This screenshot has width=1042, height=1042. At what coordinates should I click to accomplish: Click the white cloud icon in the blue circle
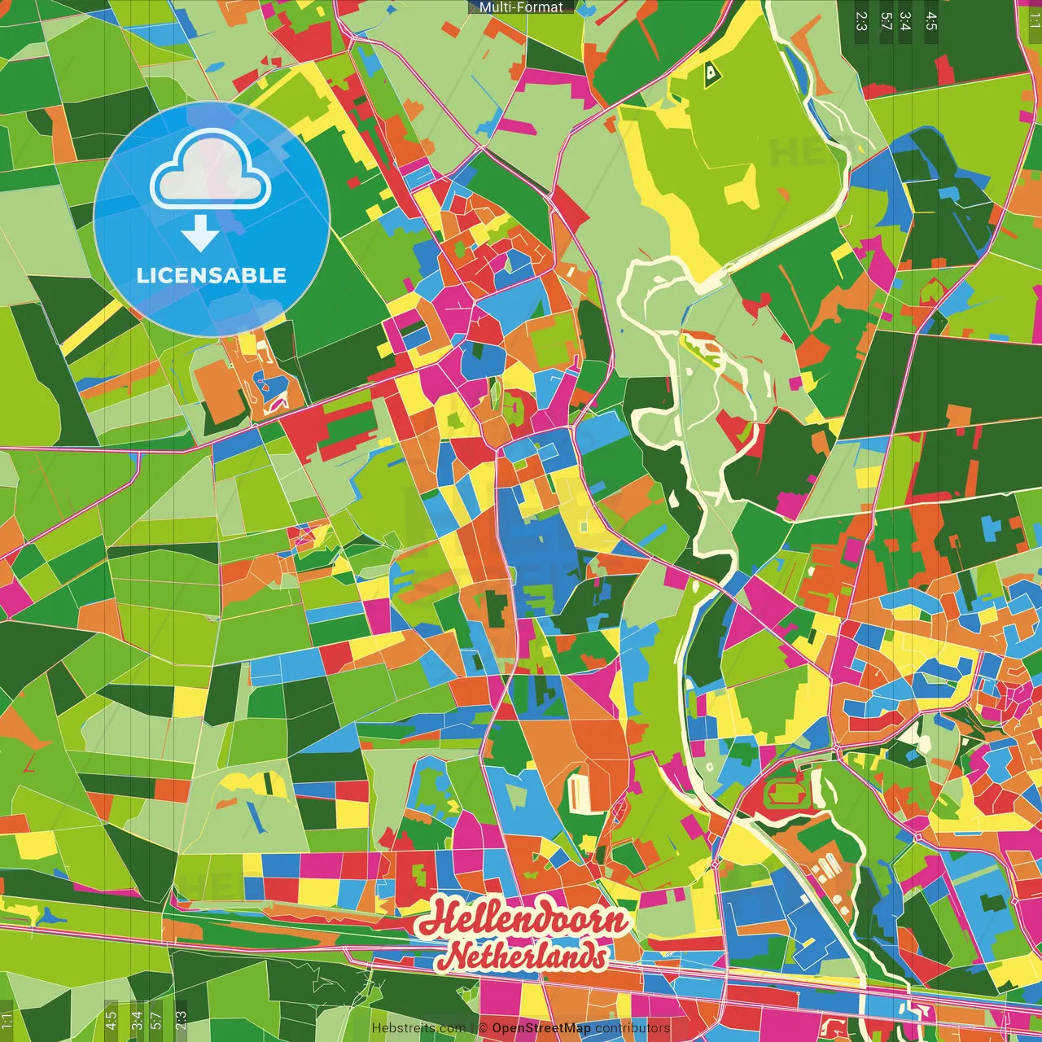(211, 170)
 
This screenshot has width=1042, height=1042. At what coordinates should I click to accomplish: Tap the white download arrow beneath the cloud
(199, 234)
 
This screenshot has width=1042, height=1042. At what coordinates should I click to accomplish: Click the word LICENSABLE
(211, 275)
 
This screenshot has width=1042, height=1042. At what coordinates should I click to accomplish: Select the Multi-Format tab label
(521, 7)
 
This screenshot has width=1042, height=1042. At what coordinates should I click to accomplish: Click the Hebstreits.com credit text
(418, 1028)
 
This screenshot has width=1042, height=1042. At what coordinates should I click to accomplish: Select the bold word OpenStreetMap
(541, 1028)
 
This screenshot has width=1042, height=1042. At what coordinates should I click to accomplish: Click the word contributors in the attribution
(633, 1028)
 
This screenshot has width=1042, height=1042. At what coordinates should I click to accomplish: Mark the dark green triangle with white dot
(711, 74)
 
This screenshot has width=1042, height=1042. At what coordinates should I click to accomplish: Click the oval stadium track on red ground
(785, 792)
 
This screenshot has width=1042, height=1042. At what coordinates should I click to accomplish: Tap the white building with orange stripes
(579, 793)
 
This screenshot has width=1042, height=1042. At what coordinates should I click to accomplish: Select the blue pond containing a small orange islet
(269, 383)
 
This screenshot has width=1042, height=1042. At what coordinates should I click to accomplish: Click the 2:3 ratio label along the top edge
(861, 21)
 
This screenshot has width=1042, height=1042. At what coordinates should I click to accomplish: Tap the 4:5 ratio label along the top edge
(931, 21)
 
